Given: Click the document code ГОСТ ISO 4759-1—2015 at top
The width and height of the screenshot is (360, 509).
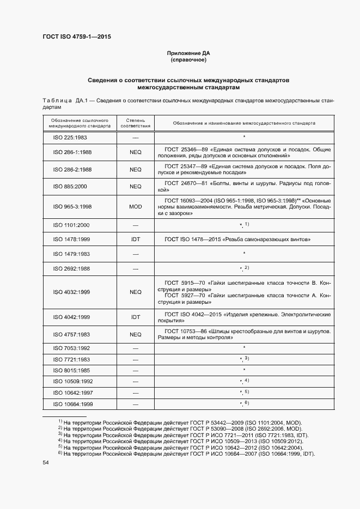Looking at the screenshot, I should coord(77,37).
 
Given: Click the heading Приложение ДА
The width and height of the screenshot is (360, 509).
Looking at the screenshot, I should coord(188,53).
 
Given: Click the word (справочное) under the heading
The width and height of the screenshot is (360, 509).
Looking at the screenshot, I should coord(188,59).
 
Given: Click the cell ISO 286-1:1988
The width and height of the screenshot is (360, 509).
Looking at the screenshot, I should coord(72,153).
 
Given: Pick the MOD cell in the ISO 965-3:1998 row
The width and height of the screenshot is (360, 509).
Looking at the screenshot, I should coord(135,206).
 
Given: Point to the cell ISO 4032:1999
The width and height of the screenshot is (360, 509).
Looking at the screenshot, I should coord(72,292).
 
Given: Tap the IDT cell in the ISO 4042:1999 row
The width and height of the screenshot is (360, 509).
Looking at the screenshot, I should coord(135,317).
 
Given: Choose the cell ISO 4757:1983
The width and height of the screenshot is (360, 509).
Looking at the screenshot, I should coord(72,334).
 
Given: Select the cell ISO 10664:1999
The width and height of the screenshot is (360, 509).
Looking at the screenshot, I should coord(74,403).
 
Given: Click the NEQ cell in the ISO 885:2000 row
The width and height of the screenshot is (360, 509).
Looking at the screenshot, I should coord(135,186).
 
